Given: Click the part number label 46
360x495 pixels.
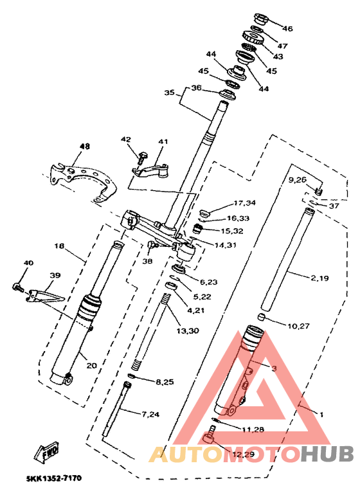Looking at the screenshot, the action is (287, 29).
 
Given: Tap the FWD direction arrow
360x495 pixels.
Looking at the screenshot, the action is (46, 452).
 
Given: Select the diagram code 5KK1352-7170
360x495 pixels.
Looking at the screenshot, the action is (54, 478).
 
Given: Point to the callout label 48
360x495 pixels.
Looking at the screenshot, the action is (84, 146).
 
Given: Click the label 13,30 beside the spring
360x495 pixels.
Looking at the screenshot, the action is (188, 331).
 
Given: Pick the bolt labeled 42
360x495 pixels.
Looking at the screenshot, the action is (141, 157).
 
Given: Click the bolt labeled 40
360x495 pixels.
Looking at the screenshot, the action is (18, 287).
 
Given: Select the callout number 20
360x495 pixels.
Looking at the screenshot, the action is (91, 366).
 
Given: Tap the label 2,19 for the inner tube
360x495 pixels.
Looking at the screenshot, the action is (319, 278).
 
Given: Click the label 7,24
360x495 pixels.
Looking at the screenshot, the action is (150, 414).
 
